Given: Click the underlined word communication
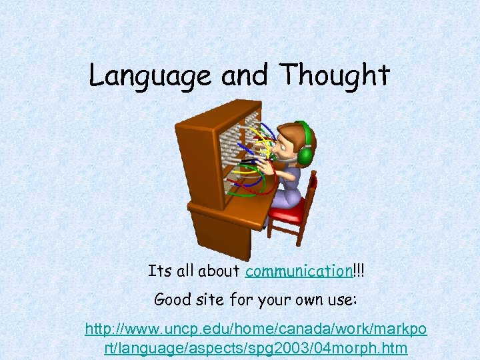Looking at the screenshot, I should point(298,271).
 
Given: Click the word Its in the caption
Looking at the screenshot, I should point(160,271).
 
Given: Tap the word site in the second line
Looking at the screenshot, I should point(215,299).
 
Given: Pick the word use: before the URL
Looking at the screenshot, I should point(341,299).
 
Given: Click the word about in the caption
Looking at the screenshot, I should point(223,271).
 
